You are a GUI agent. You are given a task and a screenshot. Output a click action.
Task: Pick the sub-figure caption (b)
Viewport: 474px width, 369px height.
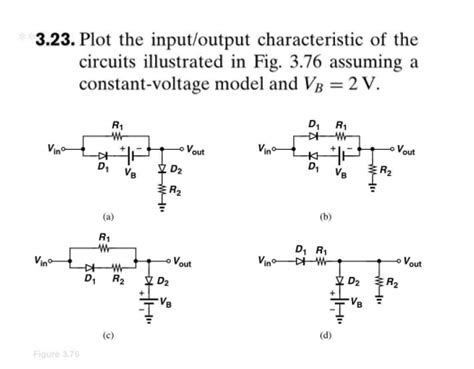coord(326,215)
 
